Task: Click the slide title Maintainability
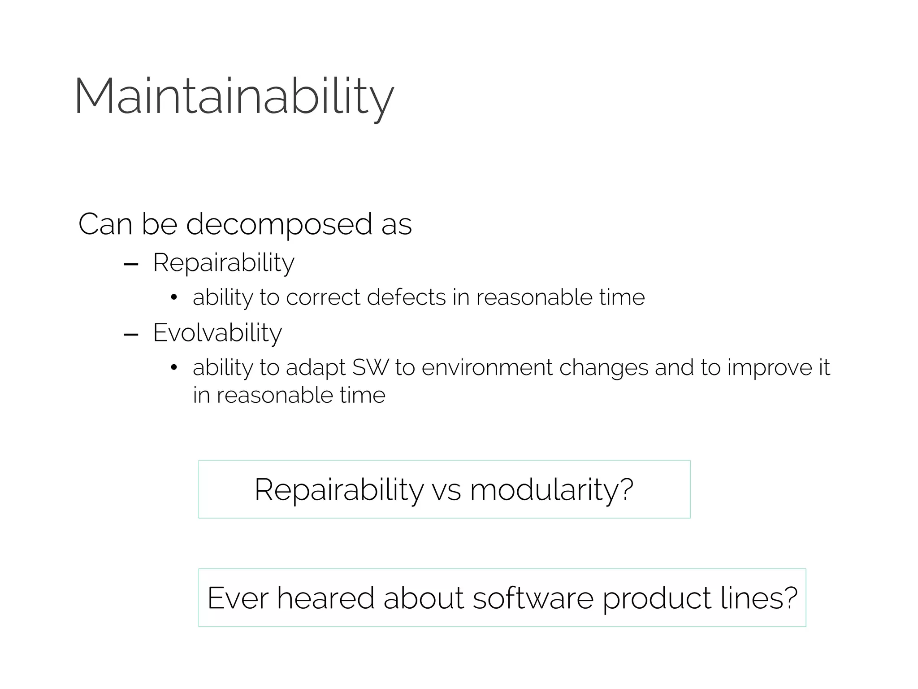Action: tap(234, 96)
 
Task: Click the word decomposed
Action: tap(279, 224)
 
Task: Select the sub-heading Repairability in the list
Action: tap(223, 262)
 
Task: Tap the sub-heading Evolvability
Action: tap(217, 333)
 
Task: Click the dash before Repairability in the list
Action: tap(130, 265)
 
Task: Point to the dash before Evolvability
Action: tap(130, 335)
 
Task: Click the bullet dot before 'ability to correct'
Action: tap(174, 298)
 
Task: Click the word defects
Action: tap(406, 297)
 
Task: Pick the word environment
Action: tap(487, 367)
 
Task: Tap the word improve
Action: tap(769, 367)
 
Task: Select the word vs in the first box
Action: tap(446, 489)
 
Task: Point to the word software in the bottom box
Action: tap(533, 598)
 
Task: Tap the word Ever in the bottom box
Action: tap(238, 598)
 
